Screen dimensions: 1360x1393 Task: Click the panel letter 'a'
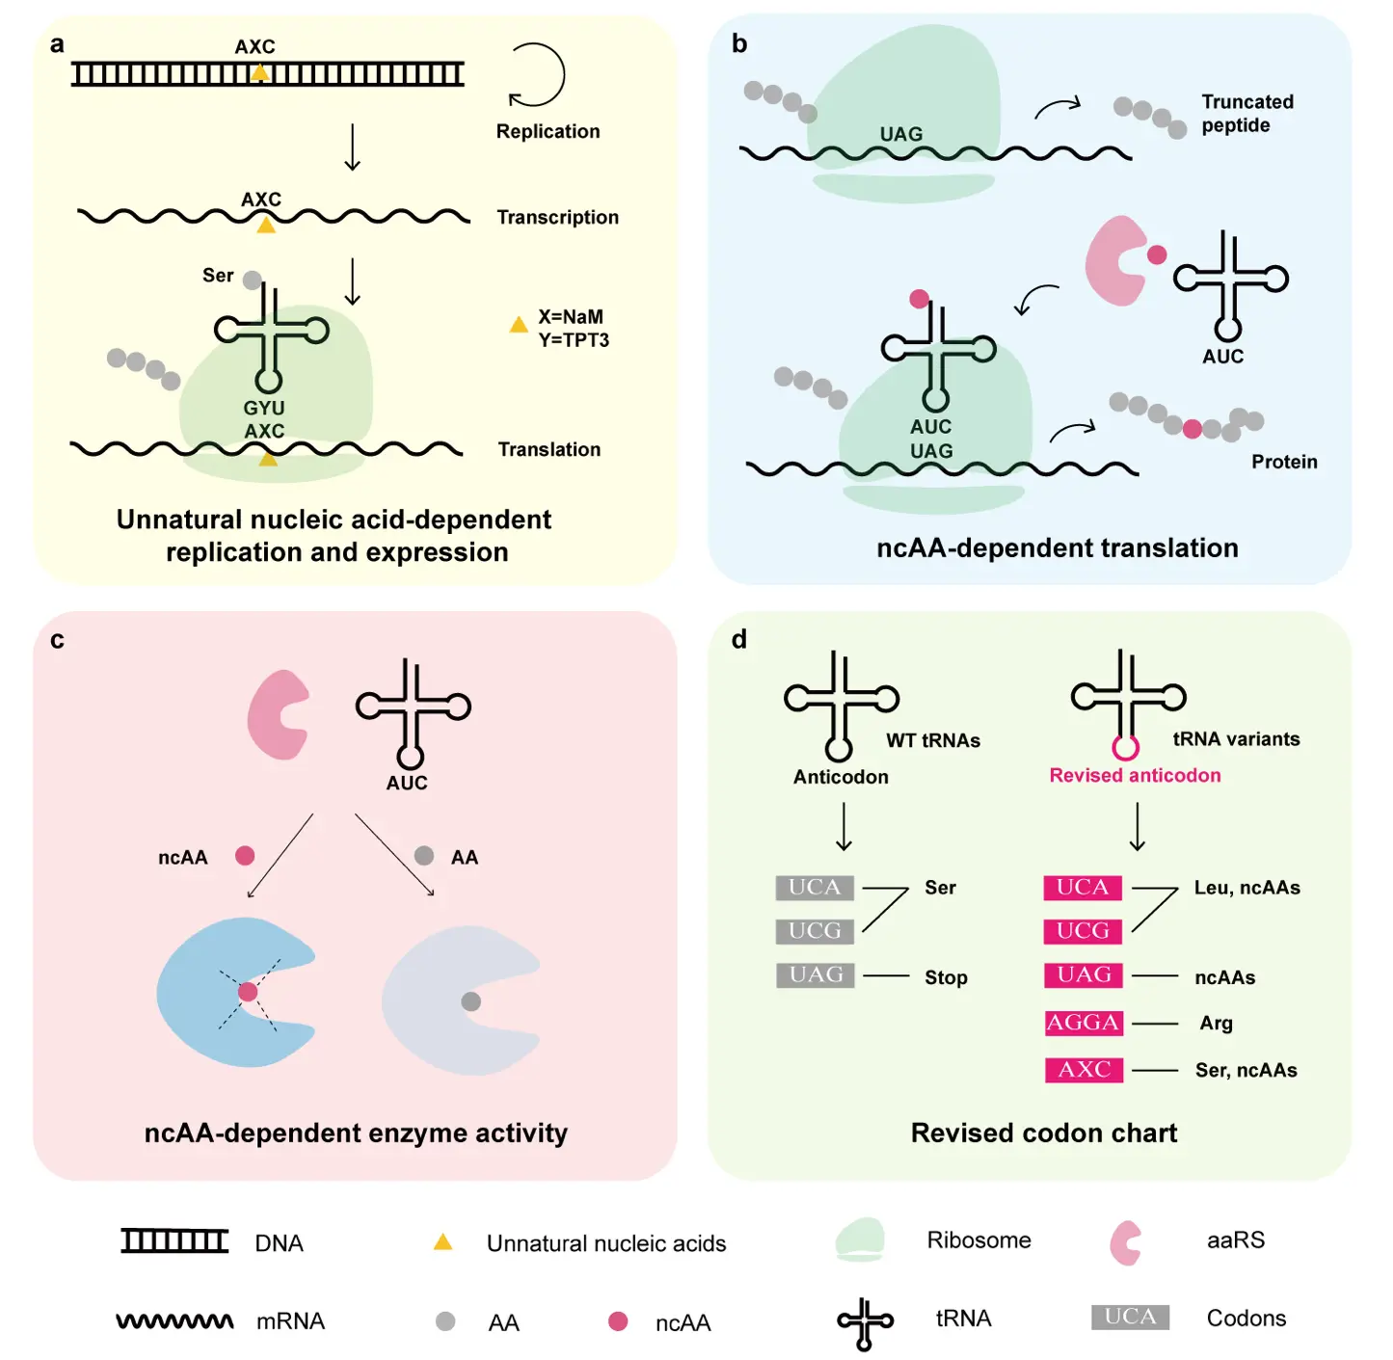(57, 44)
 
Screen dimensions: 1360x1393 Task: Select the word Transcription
(557, 218)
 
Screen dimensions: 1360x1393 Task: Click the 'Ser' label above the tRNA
(218, 276)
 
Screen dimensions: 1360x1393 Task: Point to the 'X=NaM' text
(571, 317)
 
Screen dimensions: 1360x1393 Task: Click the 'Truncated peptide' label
(1247, 114)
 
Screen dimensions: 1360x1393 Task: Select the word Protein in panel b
(1284, 463)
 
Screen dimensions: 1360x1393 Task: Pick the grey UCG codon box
(815, 931)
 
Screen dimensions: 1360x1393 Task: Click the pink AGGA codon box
(1084, 1023)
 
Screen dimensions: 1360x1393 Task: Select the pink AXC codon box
(1084, 1070)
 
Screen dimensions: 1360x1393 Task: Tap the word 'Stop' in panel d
(946, 978)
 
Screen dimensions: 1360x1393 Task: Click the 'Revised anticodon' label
(1135, 776)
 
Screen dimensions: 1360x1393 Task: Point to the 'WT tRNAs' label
(933, 741)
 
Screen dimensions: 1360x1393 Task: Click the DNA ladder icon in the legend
(174, 1241)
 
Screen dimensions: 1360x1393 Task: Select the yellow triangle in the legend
(442, 1242)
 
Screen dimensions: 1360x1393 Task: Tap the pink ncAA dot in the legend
(618, 1321)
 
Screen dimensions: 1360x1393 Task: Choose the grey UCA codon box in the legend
(1130, 1318)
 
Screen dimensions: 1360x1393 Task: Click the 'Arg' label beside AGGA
(1216, 1024)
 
